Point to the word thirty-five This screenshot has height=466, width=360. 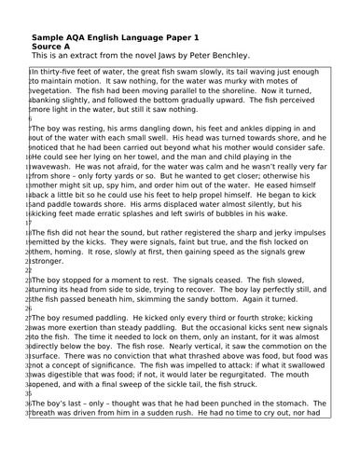coord(67,71)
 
